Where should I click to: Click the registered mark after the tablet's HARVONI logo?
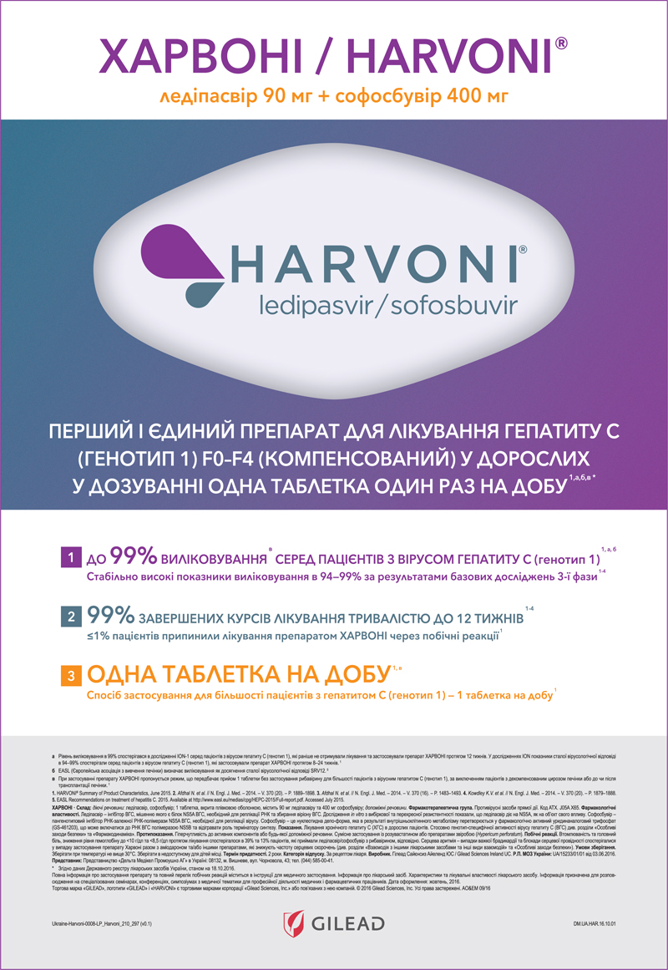(x=522, y=249)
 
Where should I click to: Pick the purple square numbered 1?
(x=73, y=556)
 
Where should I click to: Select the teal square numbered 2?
(x=73, y=617)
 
